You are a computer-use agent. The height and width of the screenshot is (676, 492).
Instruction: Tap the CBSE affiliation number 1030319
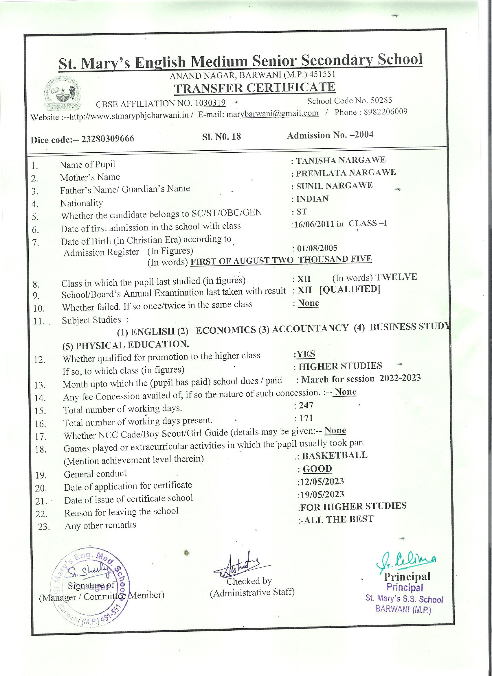click(x=210, y=103)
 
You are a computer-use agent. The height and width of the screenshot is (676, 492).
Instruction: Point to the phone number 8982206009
click(x=385, y=112)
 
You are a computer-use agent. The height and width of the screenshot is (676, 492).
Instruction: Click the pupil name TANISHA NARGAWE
click(x=340, y=160)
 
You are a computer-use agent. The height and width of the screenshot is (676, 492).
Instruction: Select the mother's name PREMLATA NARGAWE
click(x=346, y=173)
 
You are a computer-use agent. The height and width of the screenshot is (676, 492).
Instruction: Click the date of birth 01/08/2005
click(x=317, y=248)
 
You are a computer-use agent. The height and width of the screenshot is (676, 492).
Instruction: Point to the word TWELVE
click(x=396, y=277)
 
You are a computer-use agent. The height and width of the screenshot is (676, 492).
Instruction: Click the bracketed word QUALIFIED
click(x=350, y=289)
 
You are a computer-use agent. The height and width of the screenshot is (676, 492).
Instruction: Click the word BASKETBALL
click(x=335, y=455)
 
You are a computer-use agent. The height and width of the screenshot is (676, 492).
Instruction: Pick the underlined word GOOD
click(x=317, y=469)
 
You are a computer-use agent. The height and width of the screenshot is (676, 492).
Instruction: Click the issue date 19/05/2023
click(x=322, y=494)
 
